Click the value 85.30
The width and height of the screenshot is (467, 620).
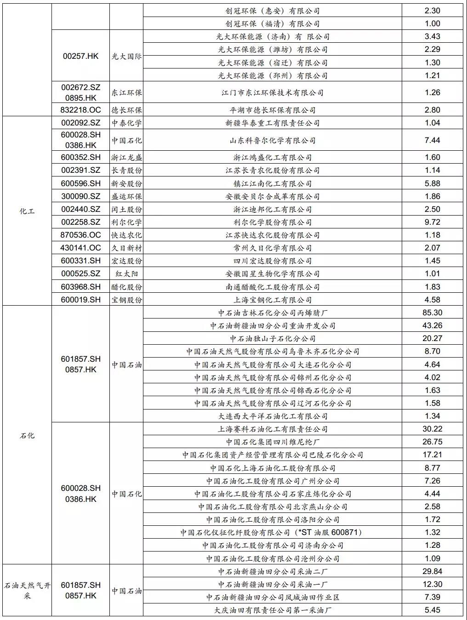tap(432, 313)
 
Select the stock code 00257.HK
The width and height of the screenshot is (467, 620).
tap(80, 56)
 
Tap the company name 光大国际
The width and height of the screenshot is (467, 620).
tap(126, 56)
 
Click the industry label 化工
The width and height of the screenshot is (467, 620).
tap(27, 211)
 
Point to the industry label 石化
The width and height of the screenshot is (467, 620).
tap(27, 435)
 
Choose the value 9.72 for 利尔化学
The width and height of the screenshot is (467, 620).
tap(432, 222)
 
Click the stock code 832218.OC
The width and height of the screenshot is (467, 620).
tap(80, 110)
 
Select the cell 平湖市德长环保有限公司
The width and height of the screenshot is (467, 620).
tap(273, 110)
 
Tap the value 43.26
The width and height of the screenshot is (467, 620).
tap(432, 325)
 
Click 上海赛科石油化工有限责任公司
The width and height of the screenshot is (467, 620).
tap(273, 429)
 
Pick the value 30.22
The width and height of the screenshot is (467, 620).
tap(432, 429)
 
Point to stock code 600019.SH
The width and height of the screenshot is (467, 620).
tap(80, 300)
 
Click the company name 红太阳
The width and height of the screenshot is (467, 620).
tap(126, 273)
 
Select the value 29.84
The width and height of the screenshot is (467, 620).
tap(432, 571)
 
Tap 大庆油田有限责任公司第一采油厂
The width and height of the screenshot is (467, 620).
tap(273, 610)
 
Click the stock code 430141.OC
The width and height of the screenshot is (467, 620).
tap(80, 248)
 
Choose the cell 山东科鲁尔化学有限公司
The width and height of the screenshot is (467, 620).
tap(273, 140)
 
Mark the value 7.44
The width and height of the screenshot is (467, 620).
tap(432, 140)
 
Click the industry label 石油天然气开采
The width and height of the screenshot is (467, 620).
tap(27, 590)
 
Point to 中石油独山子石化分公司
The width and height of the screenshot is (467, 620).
tap(273, 338)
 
